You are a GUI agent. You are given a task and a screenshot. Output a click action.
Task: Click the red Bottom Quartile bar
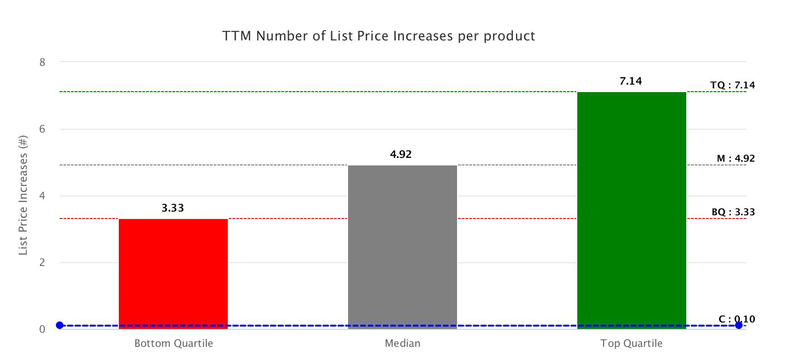click(173, 273)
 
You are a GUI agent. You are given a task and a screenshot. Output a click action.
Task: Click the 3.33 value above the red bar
click(173, 208)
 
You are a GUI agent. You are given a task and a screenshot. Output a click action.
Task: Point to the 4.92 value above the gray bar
click(401, 154)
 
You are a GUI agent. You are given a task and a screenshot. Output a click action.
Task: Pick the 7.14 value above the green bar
click(630, 81)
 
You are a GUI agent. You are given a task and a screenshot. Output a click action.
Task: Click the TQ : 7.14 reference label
click(732, 85)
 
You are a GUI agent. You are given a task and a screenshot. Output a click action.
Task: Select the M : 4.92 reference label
click(736, 158)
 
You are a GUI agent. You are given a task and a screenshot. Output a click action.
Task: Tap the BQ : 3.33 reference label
click(733, 212)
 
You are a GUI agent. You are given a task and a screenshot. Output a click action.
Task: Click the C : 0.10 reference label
click(737, 319)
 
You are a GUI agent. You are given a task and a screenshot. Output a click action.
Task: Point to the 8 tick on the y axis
click(42, 62)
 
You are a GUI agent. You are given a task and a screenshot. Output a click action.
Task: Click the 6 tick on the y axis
click(42, 129)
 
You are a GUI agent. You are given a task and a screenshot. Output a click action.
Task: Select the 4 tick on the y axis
click(42, 196)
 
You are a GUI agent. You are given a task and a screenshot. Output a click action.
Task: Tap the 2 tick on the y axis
click(42, 263)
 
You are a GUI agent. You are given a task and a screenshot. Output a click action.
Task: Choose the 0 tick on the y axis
click(42, 329)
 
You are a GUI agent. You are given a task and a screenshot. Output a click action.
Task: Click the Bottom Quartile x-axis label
click(173, 344)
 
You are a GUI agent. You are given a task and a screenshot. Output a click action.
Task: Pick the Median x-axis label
click(402, 344)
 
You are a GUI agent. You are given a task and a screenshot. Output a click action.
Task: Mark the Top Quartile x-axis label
click(631, 344)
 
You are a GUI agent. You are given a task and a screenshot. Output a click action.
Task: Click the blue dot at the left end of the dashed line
click(60, 325)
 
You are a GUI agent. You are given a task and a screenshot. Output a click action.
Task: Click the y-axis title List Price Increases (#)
click(23, 195)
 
